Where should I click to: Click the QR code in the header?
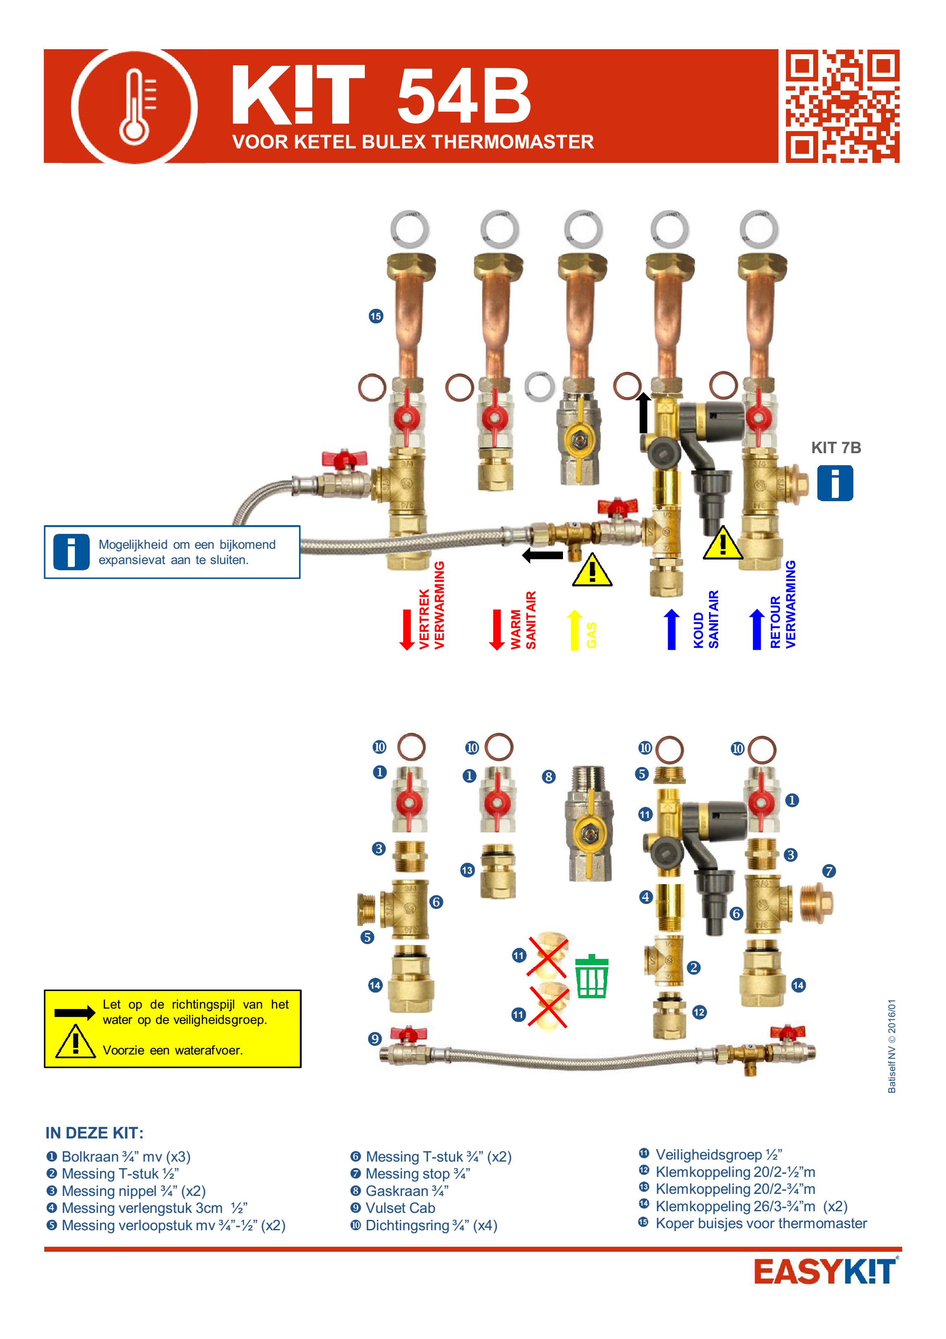(x=842, y=106)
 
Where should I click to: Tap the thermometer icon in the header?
(x=135, y=106)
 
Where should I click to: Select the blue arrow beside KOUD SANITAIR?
(x=671, y=629)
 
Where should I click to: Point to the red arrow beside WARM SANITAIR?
(x=497, y=629)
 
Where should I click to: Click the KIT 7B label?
(x=836, y=448)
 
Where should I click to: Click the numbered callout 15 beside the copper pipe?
(x=376, y=316)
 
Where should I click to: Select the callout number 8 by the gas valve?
(x=548, y=777)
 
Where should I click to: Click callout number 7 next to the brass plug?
(x=829, y=871)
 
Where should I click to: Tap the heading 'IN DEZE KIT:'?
(x=94, y=1133)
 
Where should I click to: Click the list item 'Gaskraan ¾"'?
(x=407, y=1191)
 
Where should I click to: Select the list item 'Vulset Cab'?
(x=400, y=1208)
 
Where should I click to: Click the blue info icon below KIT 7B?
(x=835, y=483)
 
